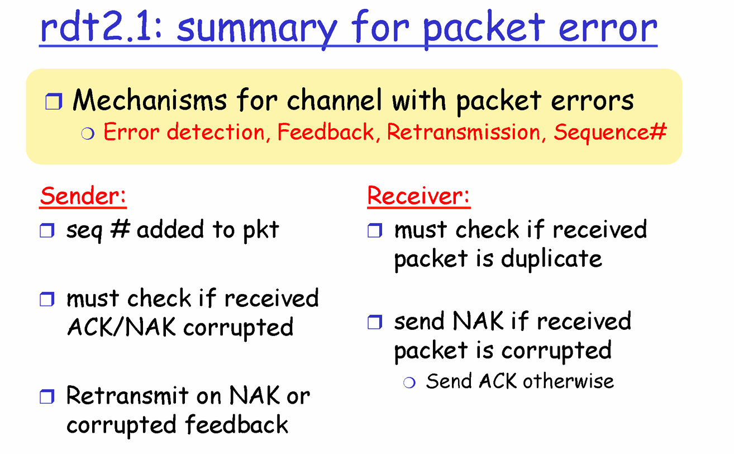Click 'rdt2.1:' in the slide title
pos(101,26)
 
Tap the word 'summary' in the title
pos(256,30)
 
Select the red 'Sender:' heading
pos(83,196)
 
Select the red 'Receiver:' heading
pos(418,196)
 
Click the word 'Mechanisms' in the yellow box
pos(150,100)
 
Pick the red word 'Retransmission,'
pos(466,132)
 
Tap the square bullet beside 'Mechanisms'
pos(54,101)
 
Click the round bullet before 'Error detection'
pos(88,134)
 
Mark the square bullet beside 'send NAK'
pos(375,322)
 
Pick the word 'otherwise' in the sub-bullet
pos(568,381)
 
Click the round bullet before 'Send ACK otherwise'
pos(409,382)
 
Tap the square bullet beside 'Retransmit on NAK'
pos(47,396)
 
